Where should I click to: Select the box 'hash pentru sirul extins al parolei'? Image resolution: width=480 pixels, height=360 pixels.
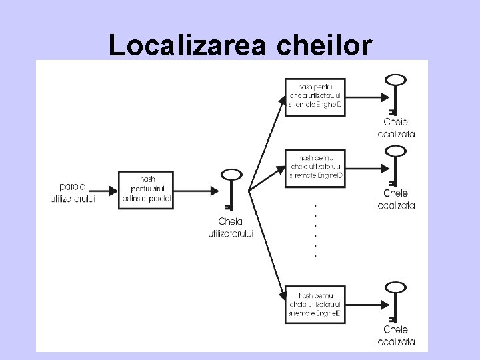pos(147,189)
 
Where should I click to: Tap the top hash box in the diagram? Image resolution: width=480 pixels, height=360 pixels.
pos(316,97)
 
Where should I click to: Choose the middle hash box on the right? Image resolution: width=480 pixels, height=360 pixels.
pos(316,166)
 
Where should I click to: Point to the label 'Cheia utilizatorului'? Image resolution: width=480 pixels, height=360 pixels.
pos(231,227)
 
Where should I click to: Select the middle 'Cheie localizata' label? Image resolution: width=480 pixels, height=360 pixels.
pos(399,199)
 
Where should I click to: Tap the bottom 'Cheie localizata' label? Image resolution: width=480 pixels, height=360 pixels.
pos(399,337)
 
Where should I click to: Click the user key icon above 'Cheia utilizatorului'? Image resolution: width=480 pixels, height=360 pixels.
pos(230,189)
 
